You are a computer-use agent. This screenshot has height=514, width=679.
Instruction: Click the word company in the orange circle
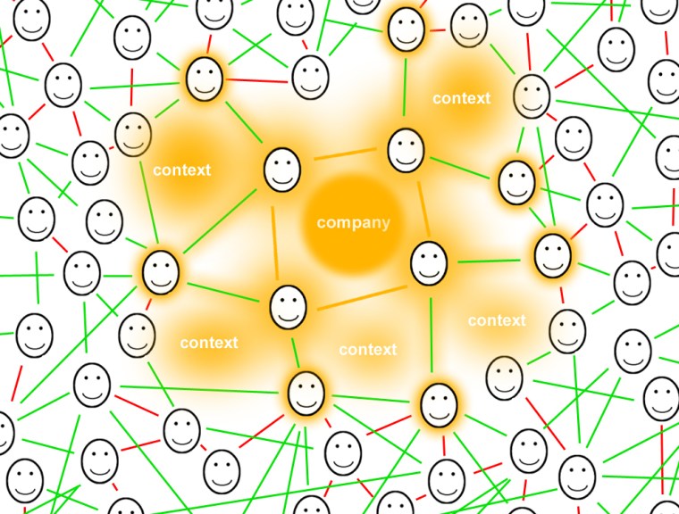(x=353, y=223)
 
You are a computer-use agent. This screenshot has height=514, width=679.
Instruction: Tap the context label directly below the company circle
(x=367, y=350)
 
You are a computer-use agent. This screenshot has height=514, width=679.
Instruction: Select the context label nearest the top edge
(x=461, y=98)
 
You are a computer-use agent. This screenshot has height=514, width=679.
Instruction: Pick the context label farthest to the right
(x=497, y=320)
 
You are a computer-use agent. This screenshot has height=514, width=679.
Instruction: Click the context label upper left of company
(x=181, y=170)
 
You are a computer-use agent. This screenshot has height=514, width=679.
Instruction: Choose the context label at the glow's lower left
(x=208, y=343)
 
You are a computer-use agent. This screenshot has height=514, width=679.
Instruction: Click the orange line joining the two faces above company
(x=344, y=157)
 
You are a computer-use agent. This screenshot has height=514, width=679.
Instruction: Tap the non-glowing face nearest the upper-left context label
(x=133, y=134)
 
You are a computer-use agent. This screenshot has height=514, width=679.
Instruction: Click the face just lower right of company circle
(x=429, y=263)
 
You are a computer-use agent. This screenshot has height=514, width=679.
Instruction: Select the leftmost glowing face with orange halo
(x=161, y=271)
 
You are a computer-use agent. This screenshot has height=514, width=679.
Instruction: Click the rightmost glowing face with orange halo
(x=552, y=254)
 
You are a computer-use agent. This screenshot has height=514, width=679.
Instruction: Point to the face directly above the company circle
(x=405, y=150)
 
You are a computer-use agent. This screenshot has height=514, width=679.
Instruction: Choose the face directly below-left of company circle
(x=288, y=306)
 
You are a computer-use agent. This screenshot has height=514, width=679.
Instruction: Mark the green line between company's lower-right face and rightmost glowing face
(x=490, y=261)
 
